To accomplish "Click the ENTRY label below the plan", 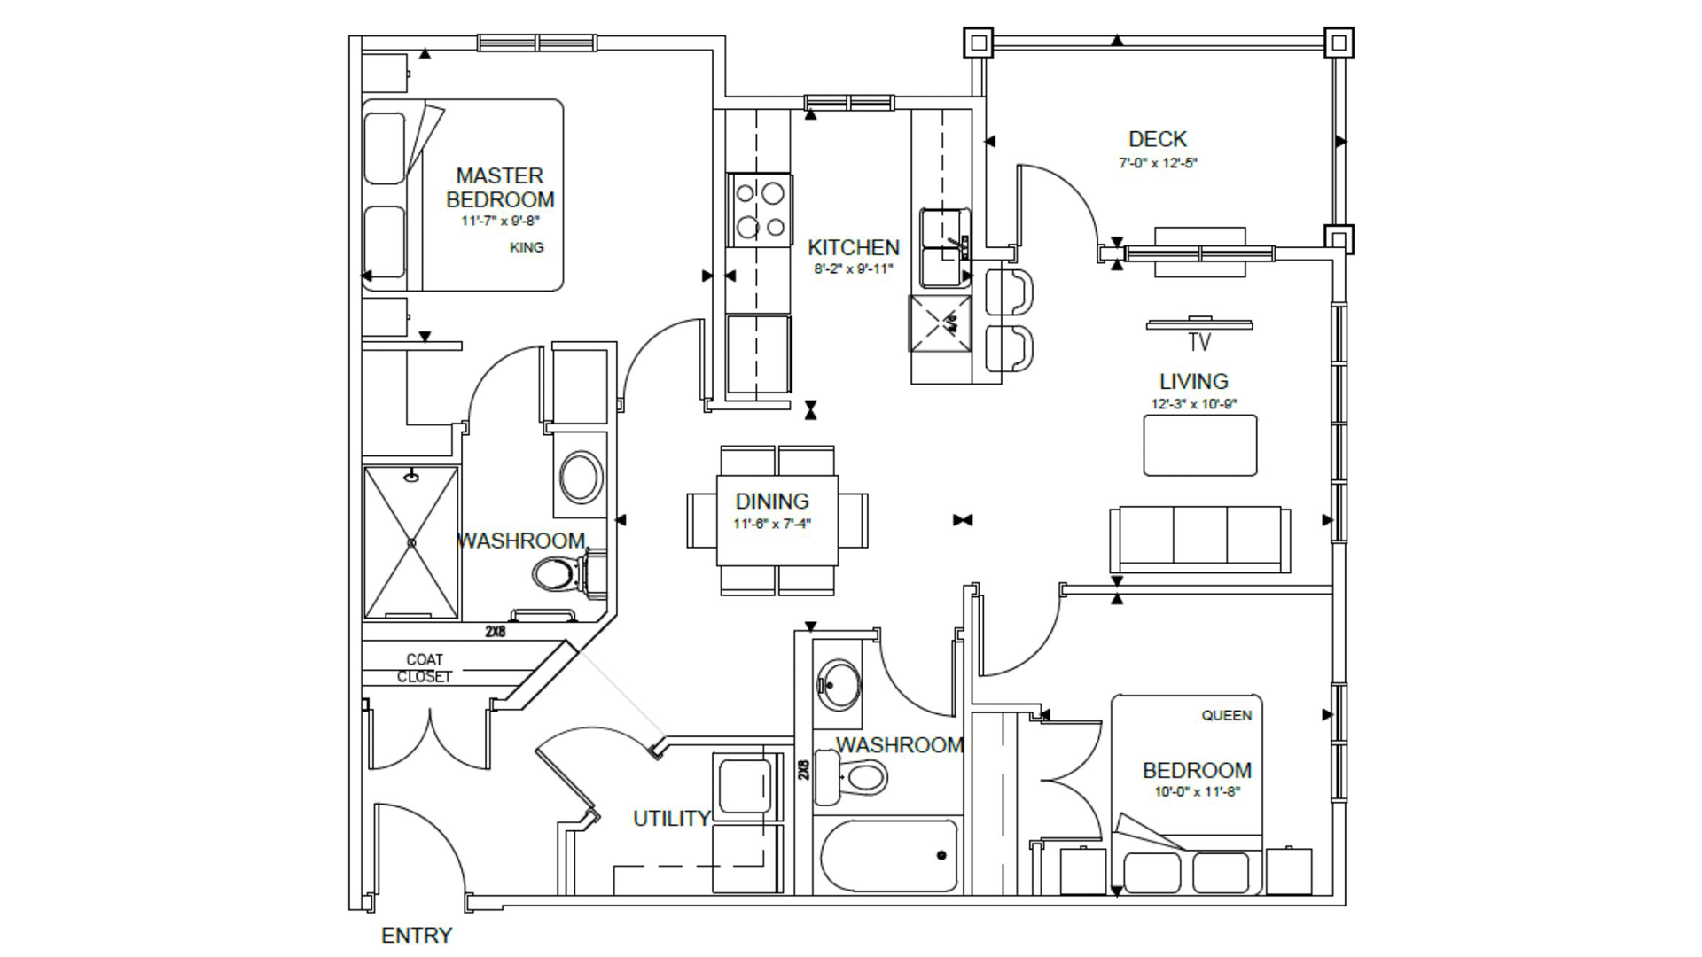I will (x=416, y=935).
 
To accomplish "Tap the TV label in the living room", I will (x=1199, y=342).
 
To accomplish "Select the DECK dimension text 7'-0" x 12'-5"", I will (x=1158, y=163).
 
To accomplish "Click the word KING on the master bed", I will (x=527, y=247).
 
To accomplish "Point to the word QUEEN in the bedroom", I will (x=1227, y=715).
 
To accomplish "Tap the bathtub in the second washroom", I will (x=889, y=856).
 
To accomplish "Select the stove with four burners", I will (x=760, y=210).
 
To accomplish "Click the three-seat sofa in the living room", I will (x=1199, y=539).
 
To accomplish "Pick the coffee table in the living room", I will (x=1199, y=445).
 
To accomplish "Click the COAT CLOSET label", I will (x=425, y=668).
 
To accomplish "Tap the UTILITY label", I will (x=671, y=819).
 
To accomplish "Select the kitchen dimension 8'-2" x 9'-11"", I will (x=854, y=268).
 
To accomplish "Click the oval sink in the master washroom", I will (x=581, y=477).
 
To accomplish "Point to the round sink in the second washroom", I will (x=838, y=683).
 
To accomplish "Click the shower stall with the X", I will (x=411, y=541).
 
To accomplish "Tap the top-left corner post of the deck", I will (x=979, y=43).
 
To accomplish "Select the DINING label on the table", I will (x=772, y=501).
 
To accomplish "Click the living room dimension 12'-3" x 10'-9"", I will (x=1193, y=404).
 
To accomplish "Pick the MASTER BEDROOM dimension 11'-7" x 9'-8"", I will (x=500, y=222).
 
